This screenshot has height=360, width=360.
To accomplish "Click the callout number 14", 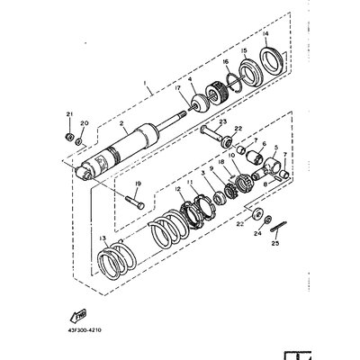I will pyautogui.click(x=266, y=34).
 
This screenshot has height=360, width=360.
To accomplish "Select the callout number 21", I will pyautogui.click(x=67, y=112).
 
